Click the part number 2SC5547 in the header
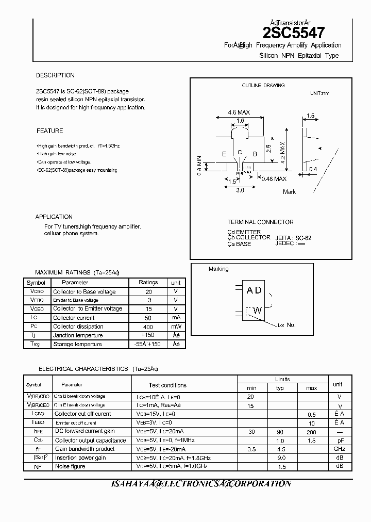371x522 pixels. click(294, 34)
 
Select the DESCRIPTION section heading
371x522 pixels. click(55, 75)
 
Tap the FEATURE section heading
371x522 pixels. click(50, 131)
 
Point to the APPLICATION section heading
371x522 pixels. click(54, 217)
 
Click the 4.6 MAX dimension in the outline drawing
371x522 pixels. click(239, 112)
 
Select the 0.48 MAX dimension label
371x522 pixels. click(274, 179)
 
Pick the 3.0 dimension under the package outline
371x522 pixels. click(240, 190)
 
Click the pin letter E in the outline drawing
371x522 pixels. click(224, 154)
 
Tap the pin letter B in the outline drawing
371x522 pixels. click(255, 154)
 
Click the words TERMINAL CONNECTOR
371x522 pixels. click(260, 222)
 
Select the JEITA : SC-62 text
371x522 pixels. click(293, 238)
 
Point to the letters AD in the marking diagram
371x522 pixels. click(254, 290)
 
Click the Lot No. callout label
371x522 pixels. click(286, 325)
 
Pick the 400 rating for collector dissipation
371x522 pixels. click(148, 327)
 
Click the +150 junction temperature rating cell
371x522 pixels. click(148, 335)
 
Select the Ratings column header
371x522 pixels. click(148, 283)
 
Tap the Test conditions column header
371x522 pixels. click(167, 385)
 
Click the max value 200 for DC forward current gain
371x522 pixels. click(311, 431)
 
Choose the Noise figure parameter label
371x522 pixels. click(70, 466)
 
